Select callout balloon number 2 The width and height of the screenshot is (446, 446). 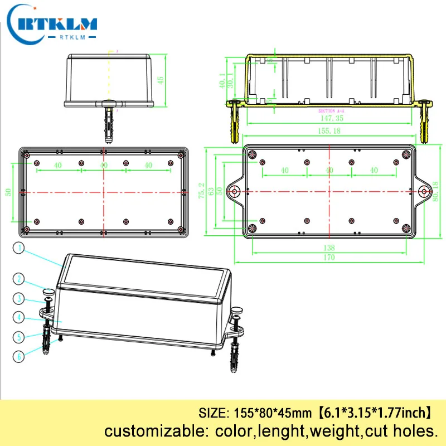pyautogui.click(x=19, y=279)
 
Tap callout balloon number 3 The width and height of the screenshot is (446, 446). pyautogui.click(x=19, y=298)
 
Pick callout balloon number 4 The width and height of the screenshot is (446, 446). pyautogui.click(x=19, y=318)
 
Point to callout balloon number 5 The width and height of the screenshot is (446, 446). pyautogui.click(x=19, y=337)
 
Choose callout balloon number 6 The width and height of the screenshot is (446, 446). pyautogui.click(x=19, y=356)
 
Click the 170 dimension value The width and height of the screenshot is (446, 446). pyautogui.click(x=329, y=257)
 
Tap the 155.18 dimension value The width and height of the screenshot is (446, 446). pyautogui.click(x=329, y=130)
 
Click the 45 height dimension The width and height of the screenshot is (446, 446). pyautogui.click(x=161, y=80)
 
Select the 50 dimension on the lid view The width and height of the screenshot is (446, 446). pyautogui.click(x=8, y=191)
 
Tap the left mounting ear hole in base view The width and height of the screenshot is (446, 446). pyautogui.click(x=235, y=191)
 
